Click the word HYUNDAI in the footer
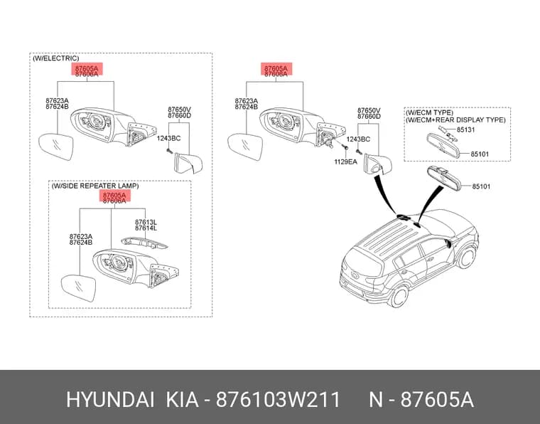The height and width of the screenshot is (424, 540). [110, 400]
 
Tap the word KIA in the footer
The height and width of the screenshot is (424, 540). [182, 400]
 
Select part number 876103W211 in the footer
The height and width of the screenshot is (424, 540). [279, 400]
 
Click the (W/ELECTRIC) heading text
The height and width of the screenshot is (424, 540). [56, 58]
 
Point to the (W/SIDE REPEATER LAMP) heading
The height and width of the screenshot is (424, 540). [95, 186]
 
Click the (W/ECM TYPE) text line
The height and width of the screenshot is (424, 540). [429, 112]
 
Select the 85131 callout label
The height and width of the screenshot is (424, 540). [465, 129]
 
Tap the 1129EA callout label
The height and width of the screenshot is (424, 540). [345, 161]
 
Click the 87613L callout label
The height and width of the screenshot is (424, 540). [146, 223]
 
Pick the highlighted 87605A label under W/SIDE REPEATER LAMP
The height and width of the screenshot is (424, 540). [114, 195]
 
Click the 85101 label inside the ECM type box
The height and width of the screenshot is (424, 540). [480, 154]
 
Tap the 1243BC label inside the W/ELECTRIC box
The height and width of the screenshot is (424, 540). [169, 138]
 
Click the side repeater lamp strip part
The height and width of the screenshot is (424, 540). [144, 243]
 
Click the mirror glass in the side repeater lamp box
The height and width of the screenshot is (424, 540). [78, 288]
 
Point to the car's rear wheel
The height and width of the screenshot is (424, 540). [399, 296]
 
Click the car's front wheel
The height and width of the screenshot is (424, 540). [467, 257]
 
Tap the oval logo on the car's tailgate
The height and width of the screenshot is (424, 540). [354, 275]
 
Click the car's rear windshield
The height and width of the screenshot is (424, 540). [362, 261]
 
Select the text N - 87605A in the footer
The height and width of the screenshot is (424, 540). [421, 400]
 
